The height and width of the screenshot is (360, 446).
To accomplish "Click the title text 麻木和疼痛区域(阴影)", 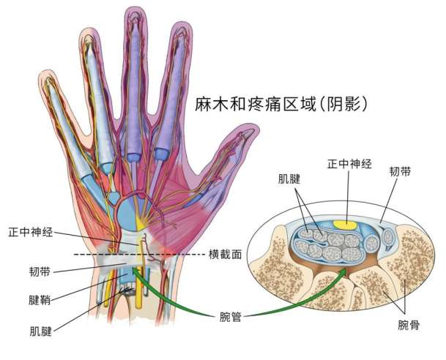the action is point(280,105).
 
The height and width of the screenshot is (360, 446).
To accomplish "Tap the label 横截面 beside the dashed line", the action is point(225,254).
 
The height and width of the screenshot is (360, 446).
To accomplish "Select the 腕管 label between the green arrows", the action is point(231,317).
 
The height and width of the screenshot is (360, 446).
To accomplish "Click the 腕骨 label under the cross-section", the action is point(409,325).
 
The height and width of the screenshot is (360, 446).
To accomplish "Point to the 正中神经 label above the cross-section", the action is point(349,164).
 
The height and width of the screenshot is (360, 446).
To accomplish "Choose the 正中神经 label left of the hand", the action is point(31,232).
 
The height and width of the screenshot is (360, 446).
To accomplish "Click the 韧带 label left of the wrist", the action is point(40,271).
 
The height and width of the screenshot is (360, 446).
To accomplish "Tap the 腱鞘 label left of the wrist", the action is point(40,300).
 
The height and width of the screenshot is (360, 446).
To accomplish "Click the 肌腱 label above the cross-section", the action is point(289,179).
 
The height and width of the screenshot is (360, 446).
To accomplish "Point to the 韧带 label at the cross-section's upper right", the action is point(400,171).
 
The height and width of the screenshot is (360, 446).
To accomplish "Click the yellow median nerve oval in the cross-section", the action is point(345,225).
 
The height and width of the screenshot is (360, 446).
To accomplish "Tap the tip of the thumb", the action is point(254,127).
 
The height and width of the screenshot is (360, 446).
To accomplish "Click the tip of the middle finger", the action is point(135,8).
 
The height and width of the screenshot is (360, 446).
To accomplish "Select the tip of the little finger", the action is point(45,72).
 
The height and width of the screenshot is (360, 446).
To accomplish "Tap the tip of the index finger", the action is point(182,23).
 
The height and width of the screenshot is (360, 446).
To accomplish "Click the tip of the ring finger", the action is point(89,29).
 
